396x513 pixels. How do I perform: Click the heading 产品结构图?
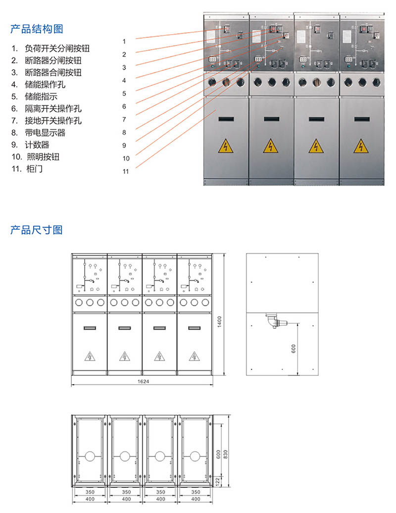pyautogui.click(x=37, y=29)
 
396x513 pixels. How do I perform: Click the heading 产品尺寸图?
pyautogui.click(x=37, y=230)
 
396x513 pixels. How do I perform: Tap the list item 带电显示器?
pyautogui.click(x=45, y=133)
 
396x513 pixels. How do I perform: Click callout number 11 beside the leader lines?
pyautogui.click(x=126, y=172)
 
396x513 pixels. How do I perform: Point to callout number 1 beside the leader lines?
pyautogui.click(x=125, y=41)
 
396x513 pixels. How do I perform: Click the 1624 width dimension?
pyautogui.click(x=144, y=382)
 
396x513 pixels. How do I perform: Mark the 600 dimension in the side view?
pyautogui.click(x=294, y=349)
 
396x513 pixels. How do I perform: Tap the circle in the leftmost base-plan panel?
pyautogui.click(x=90, y=456)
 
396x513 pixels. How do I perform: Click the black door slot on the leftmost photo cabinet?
pyautogui.click(x=226, y=119)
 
